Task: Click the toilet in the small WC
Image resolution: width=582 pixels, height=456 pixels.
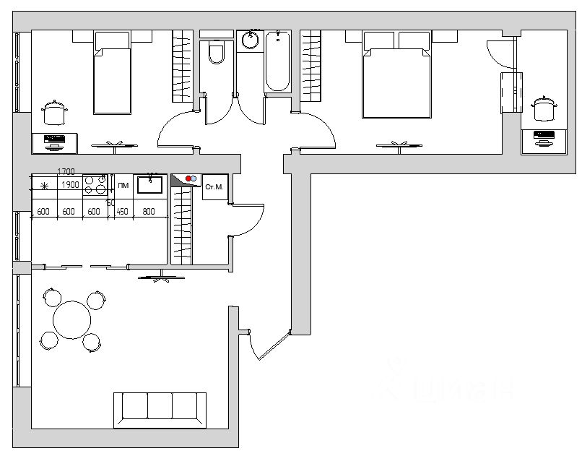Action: [x=215, y=53]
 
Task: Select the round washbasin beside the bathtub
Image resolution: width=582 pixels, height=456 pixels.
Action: [x=251, y=40]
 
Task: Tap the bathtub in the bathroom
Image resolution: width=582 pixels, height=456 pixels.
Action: [x=277, y=62]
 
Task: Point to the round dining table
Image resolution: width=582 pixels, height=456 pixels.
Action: [x=72, y=320]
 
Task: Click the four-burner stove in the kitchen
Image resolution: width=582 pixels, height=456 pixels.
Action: [x=95, y=185]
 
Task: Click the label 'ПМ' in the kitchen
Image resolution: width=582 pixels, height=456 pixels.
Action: [x=123, y=186]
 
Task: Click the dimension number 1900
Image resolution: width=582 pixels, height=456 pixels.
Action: [x=70, y=185]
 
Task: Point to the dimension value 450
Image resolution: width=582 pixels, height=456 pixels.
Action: [x=122, y=212]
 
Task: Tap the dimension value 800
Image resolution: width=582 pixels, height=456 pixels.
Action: [x=149, y=212]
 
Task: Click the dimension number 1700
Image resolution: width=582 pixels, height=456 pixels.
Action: [x=66, y=172]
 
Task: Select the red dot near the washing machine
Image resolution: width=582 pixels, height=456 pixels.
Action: [x=188, y=178]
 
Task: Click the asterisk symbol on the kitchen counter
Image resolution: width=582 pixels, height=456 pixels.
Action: [x=44, y=186]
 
